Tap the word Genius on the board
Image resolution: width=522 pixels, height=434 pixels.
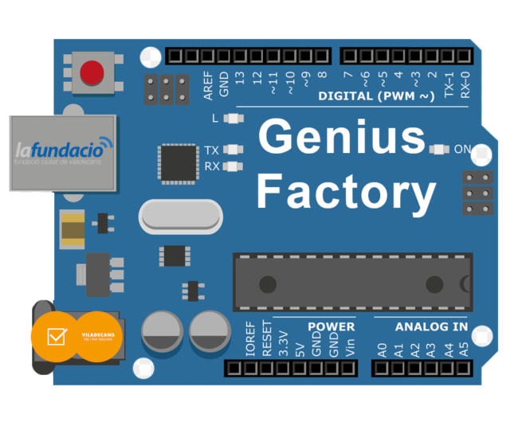tap(342, 137)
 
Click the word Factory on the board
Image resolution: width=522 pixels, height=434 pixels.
tap(346, 192)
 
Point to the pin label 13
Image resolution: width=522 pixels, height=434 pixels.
tap(240, 80)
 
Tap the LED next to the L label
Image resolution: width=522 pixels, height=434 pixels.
tap(234, 119)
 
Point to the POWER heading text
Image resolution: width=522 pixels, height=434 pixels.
tap(331, 326)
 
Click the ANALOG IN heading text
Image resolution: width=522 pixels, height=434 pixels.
tap(431, 326)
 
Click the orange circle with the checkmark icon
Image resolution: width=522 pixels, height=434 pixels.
tap(56, 336)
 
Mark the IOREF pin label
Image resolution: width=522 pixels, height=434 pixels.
tap(250, 339)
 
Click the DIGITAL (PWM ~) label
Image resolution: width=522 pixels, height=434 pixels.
tap(376, 96)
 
